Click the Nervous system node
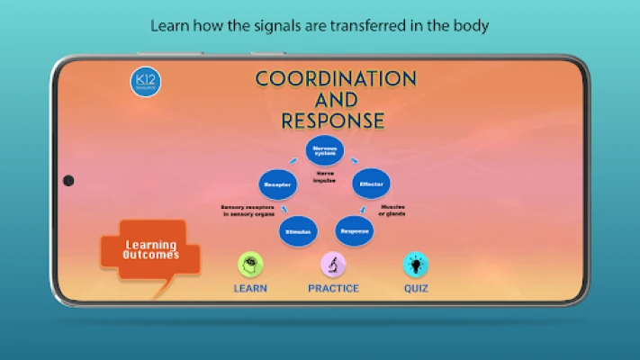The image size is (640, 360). click(326, 151)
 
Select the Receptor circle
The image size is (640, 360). click(277, 184)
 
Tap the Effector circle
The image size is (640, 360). click(371, 184)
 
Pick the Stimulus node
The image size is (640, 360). click(298, 231)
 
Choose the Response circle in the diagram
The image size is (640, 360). click(355, 230)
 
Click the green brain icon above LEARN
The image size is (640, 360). click(250, 265)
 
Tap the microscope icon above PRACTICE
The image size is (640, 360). click(334, 265)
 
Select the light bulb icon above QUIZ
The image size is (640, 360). click(416, 265)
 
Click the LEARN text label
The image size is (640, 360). click(250, 289)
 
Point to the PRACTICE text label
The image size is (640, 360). click(333, 289)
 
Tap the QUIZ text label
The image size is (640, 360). click(416, 289)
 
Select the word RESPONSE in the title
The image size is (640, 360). click(332, 121)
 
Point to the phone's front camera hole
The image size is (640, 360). click(68, 181)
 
